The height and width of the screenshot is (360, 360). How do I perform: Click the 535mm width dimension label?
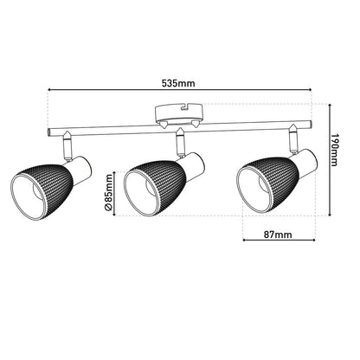click(x=179, y=83)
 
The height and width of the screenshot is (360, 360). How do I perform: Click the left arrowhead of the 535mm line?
click(x=50, y=90)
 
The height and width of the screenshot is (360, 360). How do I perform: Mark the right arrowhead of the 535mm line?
click(x=310, y=90)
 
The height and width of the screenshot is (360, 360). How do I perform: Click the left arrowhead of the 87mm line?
click(x=245, y=240)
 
